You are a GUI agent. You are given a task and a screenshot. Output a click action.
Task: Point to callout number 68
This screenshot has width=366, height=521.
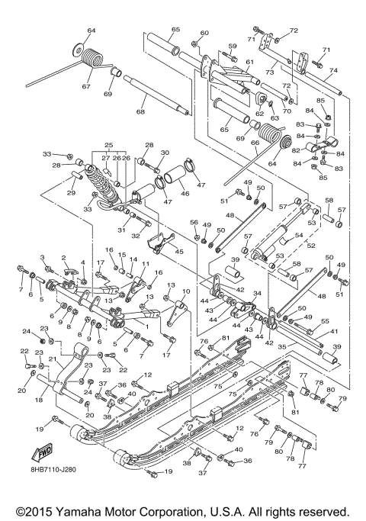coord(140,112)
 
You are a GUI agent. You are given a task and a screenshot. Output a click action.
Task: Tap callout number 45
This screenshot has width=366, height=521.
coord(179,252)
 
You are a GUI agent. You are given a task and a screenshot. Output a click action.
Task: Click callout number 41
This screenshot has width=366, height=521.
coord(333,331)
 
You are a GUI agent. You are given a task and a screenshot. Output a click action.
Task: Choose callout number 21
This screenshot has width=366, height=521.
coord(52,359)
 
